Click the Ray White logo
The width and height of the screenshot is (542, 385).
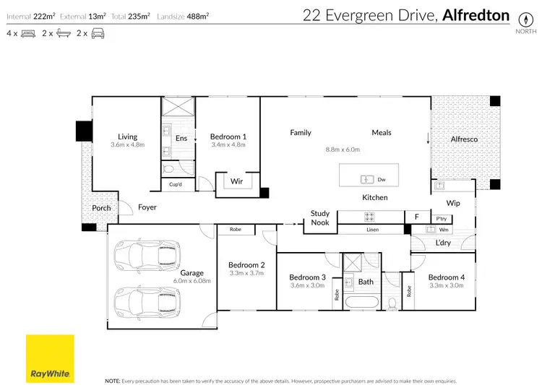(50, 358)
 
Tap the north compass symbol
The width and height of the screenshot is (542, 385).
(526, 19)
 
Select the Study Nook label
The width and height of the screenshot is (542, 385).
(319, 217)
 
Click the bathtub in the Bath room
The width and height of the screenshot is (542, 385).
(362, 303)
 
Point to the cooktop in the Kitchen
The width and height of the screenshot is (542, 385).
(369, 217)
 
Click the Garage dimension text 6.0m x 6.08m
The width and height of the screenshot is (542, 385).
(192, 281)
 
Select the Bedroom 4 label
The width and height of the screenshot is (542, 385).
(447, 277)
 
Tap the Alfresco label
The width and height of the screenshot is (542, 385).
(464, 139)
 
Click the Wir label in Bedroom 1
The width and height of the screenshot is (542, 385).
(236, 181)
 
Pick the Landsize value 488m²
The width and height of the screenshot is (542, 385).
(198, 16)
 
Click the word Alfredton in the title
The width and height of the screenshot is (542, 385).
(476, 15)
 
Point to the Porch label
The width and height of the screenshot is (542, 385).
(101, 208)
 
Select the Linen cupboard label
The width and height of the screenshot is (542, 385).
(373, 230)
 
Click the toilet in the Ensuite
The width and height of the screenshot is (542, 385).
(169, 169)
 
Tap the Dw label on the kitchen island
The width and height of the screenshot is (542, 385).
(382, 179)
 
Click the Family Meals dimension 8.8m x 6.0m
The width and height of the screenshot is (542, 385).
(343, 150)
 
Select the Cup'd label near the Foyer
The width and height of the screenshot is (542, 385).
(176, 184)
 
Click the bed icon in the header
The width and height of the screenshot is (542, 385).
(28, 33)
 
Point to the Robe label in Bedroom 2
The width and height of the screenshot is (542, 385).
(236, 229)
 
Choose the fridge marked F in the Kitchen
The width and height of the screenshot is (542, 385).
(417, 217)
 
